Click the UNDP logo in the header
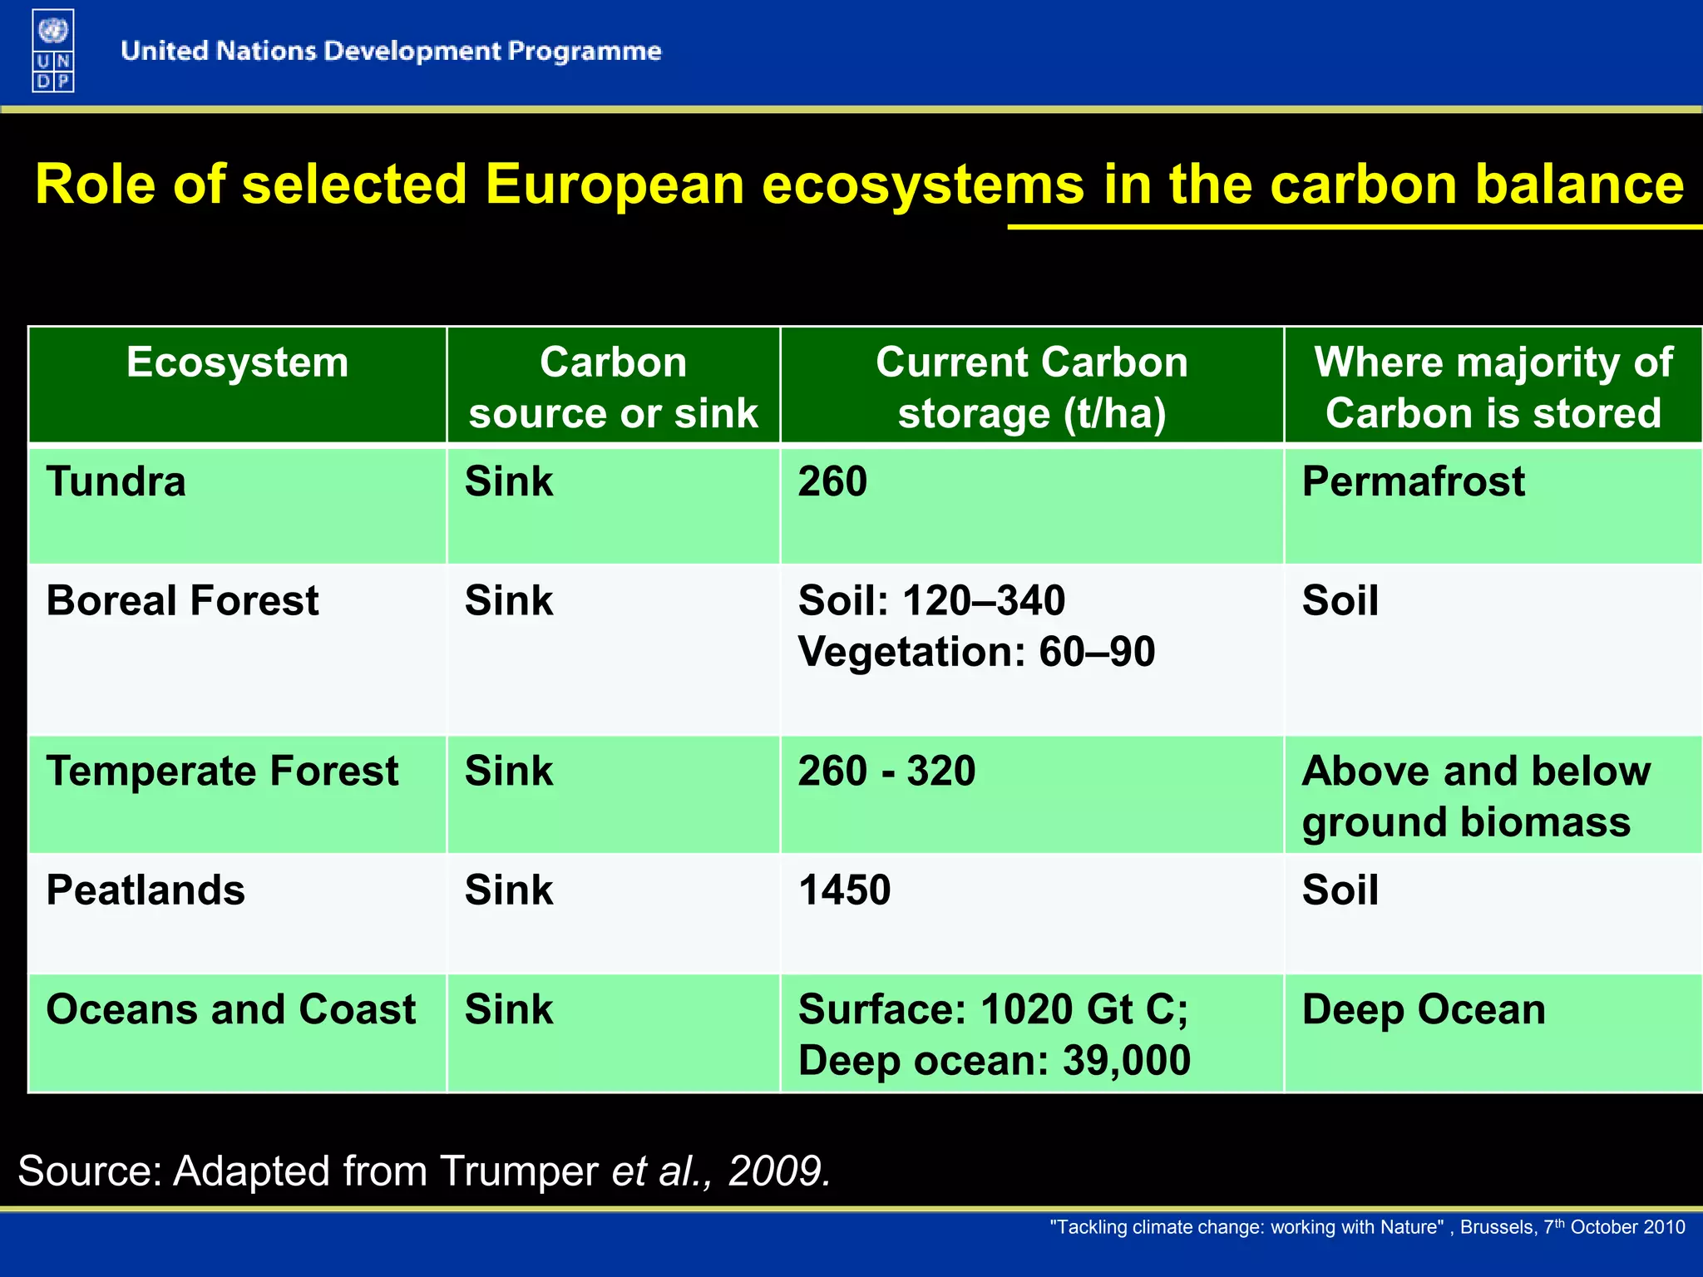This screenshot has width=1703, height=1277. [53, 51]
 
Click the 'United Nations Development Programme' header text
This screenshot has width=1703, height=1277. [391, 52]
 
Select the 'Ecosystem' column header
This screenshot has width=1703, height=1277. [238, 363]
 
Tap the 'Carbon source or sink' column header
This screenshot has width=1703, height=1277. [614, 387]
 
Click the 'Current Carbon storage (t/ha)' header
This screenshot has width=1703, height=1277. [1032, 387]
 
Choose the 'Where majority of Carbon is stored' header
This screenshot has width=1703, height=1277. [1493, 387]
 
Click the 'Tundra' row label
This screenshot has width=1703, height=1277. [116, 482]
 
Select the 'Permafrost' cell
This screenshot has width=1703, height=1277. [1413, 482]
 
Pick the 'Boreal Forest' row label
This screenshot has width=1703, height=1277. [182, 601]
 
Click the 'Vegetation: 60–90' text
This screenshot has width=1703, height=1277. [976, 652]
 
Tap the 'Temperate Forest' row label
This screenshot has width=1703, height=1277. [222, 772]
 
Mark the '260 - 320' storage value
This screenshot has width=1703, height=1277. [886, 772]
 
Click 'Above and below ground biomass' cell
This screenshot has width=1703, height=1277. [1476, 796]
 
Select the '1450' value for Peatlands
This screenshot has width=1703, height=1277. [844, 890]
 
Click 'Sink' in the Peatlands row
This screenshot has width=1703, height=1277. [508, 890]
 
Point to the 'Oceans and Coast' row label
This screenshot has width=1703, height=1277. [230, 1010]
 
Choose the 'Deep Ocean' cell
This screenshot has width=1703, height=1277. [1424, 1010]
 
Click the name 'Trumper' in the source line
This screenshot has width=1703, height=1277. [519, 1171]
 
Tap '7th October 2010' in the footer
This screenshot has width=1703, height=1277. [1614, 1227]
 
